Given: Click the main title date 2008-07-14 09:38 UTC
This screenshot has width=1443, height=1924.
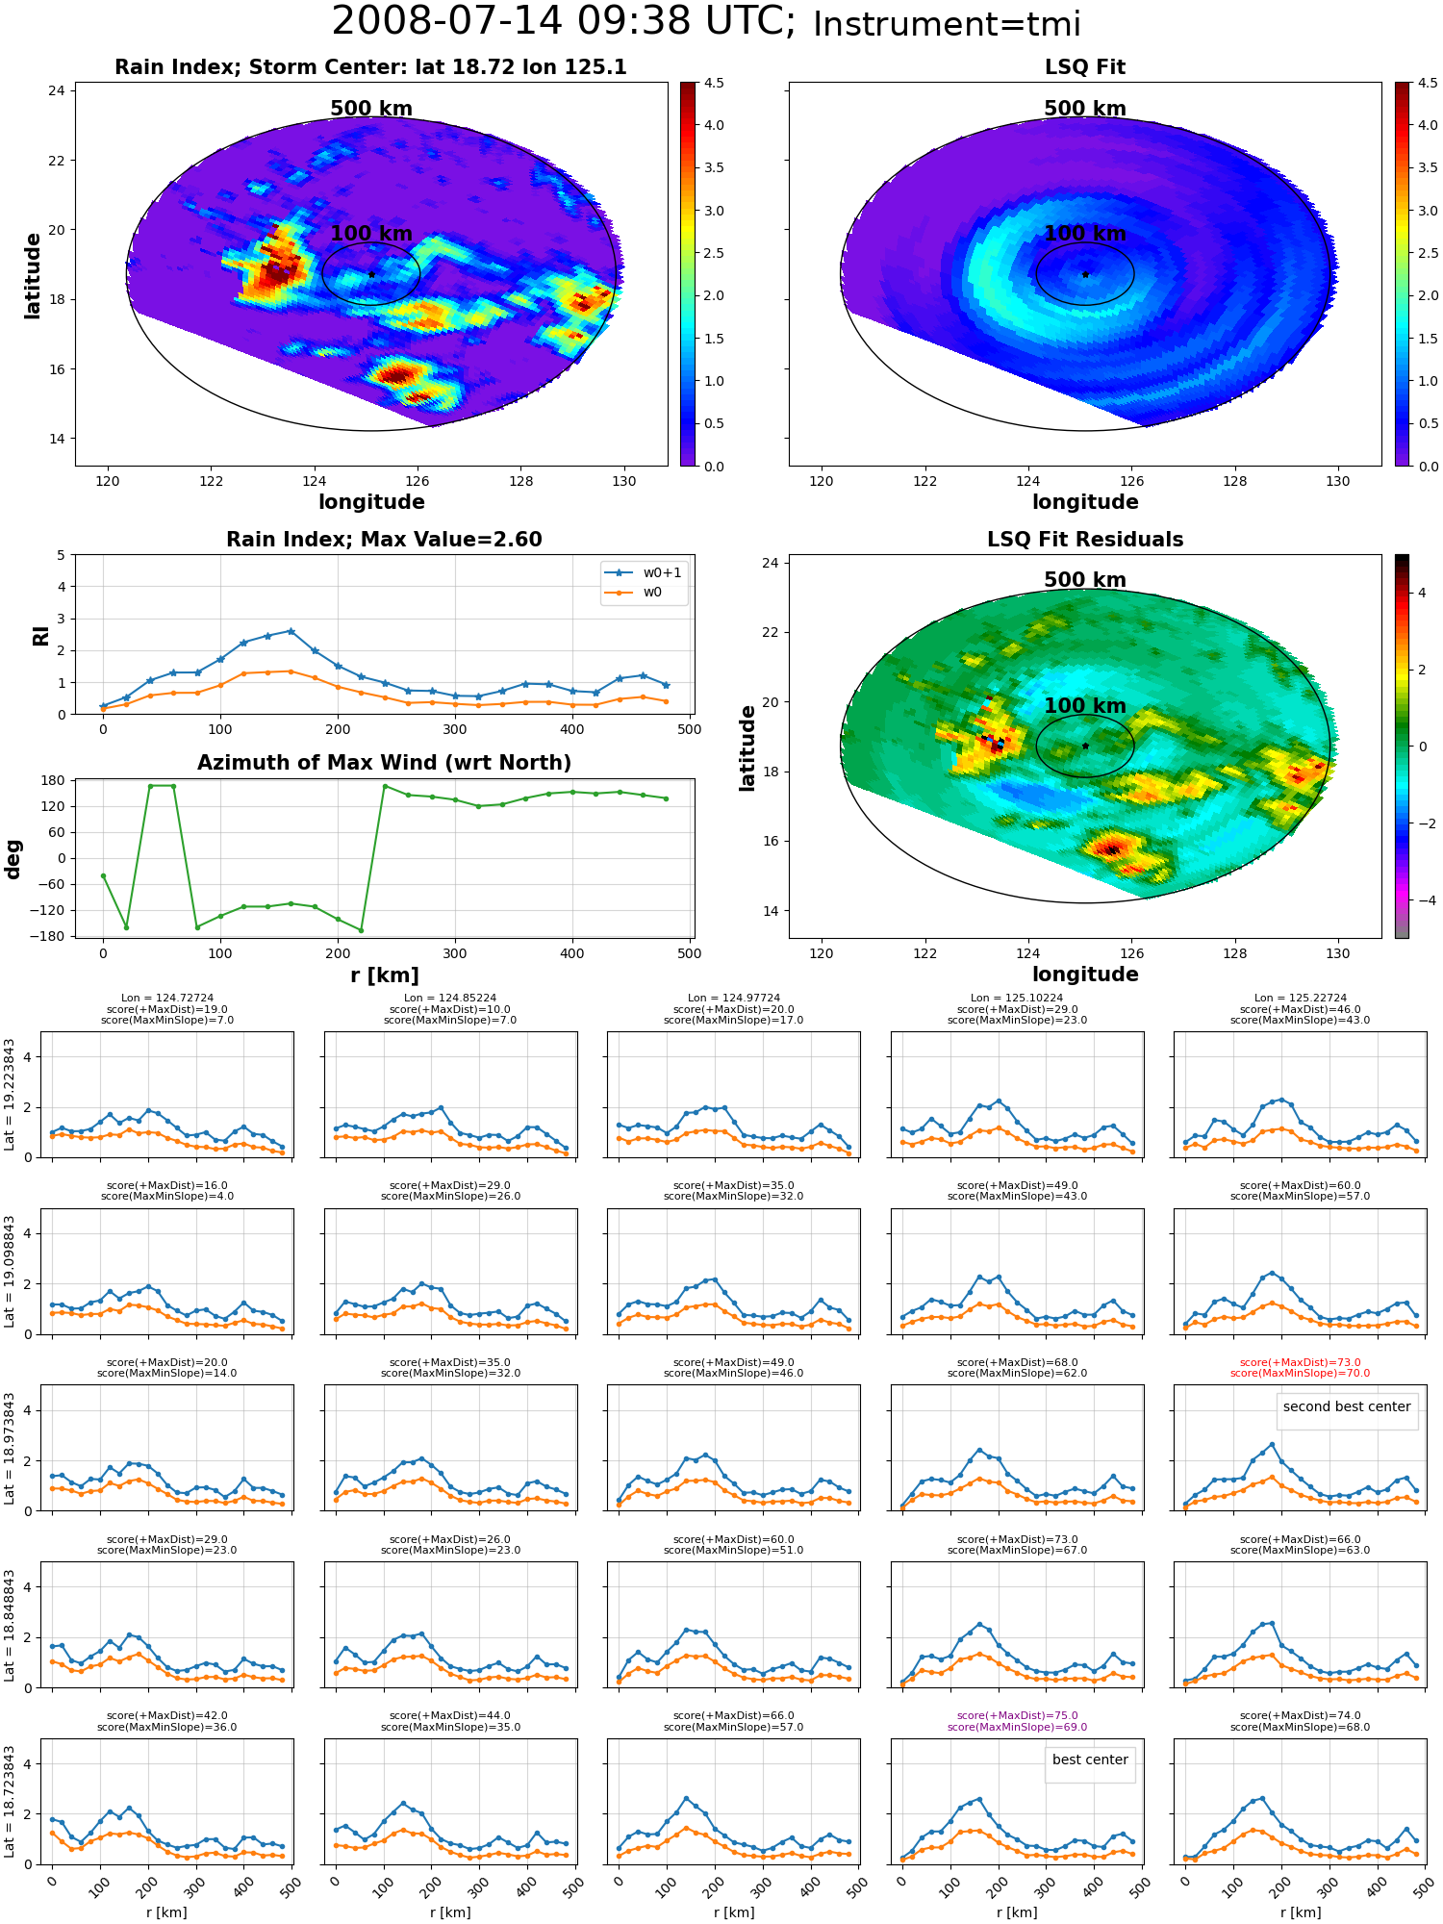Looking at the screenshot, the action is [564, 22].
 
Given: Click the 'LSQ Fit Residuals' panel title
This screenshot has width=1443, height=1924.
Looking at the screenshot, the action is [1085, 540].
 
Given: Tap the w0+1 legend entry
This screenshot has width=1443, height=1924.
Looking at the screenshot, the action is [644, 573].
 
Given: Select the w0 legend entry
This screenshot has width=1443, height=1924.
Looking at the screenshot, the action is [634, 593].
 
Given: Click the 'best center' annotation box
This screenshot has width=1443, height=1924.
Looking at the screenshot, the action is [1090, 1759].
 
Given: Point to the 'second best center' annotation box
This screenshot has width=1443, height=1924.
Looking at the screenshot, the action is [1347, 1406].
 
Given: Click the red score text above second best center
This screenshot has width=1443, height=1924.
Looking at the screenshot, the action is [1300, 1368].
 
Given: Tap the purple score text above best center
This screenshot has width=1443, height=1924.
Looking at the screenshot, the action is [1017, 1721].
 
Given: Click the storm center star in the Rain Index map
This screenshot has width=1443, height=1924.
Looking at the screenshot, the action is [371, 274].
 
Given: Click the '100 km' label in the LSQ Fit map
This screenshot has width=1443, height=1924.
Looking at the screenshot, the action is [1085, 234].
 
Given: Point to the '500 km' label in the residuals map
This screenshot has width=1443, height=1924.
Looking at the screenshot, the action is [1085, 580].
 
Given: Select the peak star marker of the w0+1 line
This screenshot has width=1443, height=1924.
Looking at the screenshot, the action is [291, 631].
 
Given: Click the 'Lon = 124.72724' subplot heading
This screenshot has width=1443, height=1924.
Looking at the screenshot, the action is [167, 999].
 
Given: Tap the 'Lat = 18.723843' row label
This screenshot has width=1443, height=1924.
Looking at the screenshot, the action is [10, 1802].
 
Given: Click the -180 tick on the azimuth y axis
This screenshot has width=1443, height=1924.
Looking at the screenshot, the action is [52, 936].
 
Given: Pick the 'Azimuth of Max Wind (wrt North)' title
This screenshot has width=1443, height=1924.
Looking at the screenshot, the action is [384, 763].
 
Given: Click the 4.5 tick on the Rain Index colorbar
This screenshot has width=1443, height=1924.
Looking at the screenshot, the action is [713, 83].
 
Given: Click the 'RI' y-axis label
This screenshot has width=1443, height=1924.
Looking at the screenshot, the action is [40, 636].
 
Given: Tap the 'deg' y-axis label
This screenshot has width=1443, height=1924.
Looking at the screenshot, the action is [13, 858].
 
